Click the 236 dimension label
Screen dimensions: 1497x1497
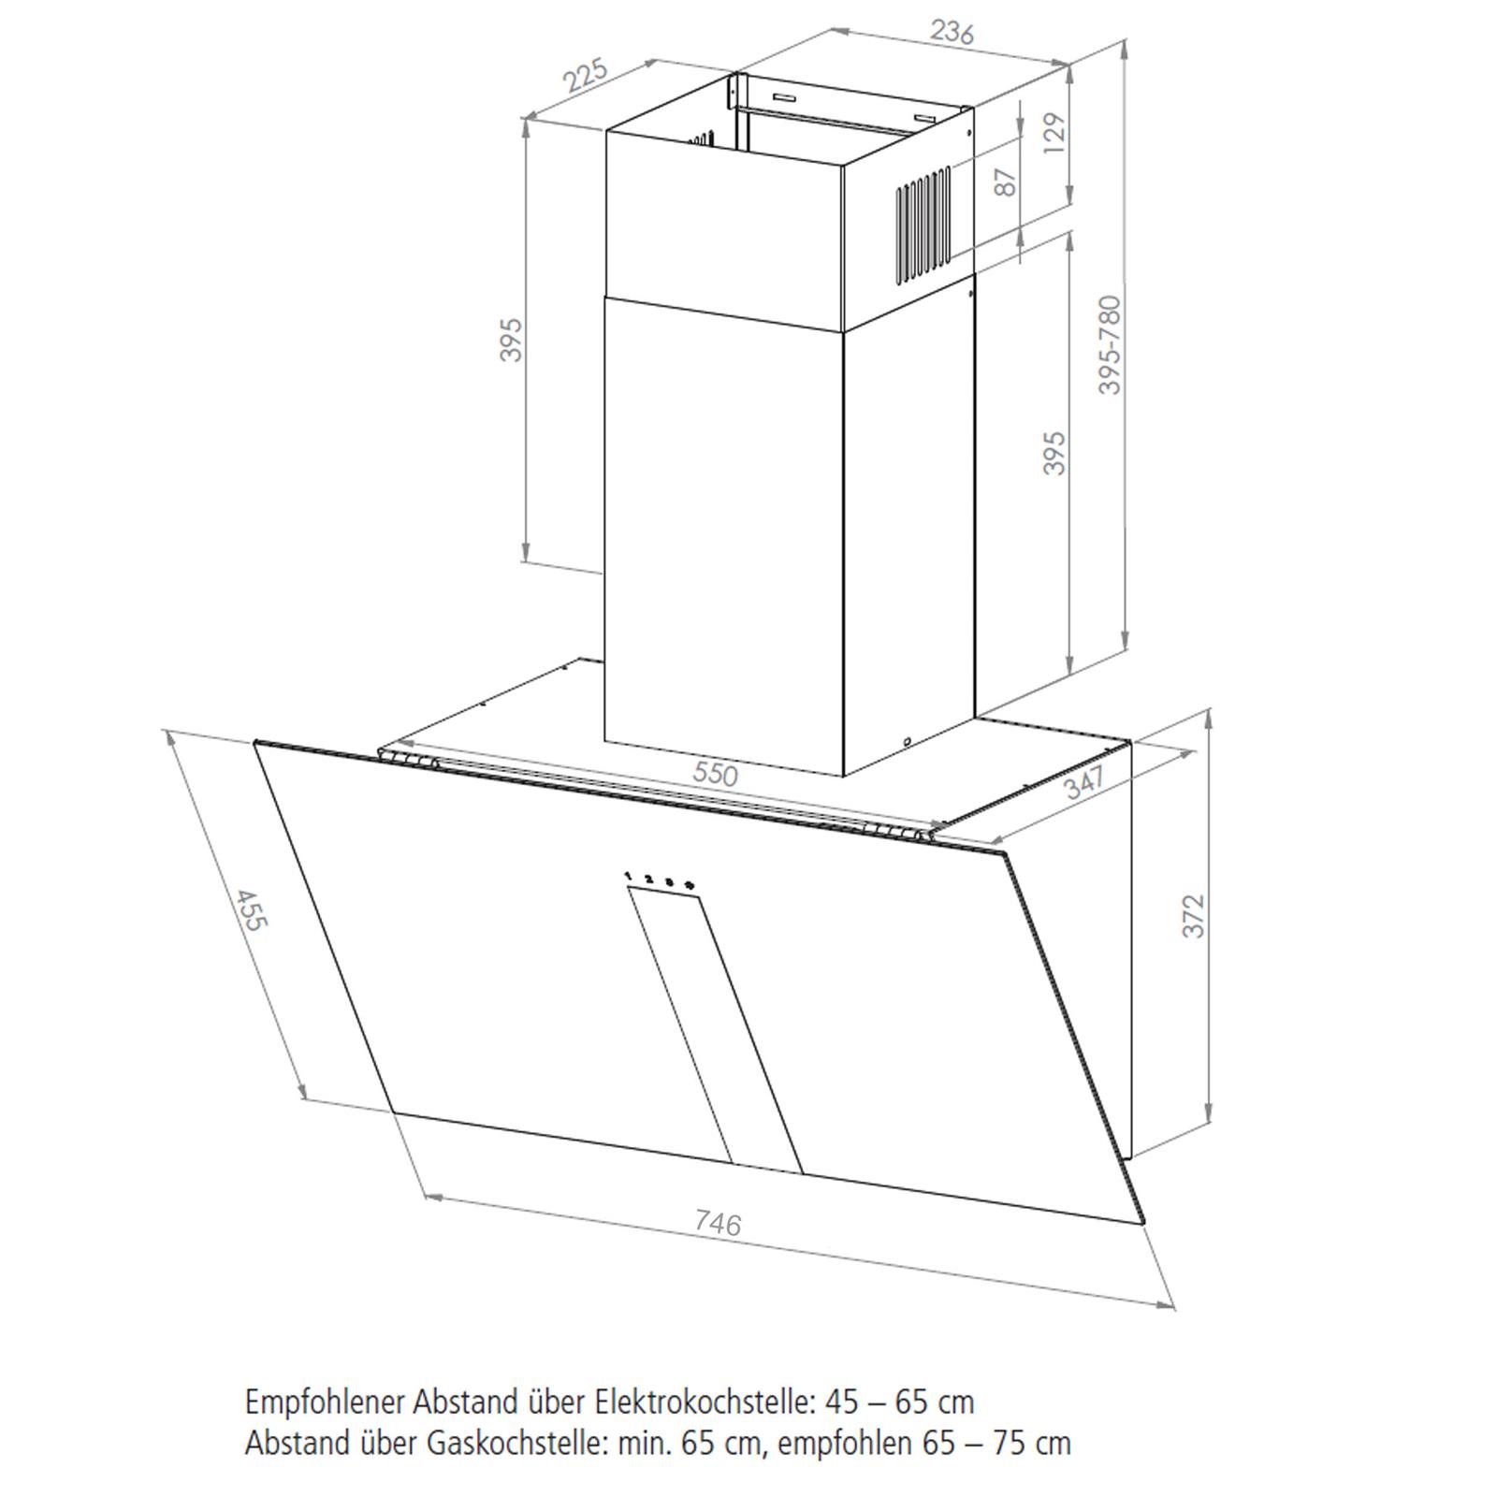952,32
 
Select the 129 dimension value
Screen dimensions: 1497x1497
1054,138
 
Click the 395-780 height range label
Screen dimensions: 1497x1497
1109,344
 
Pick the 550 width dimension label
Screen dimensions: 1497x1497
715,774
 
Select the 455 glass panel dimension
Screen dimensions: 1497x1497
250,909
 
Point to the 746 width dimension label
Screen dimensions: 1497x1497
718,1223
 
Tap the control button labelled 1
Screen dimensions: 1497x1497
628,877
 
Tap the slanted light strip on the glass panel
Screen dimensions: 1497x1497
716,1028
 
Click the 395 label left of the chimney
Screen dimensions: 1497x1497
510,340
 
